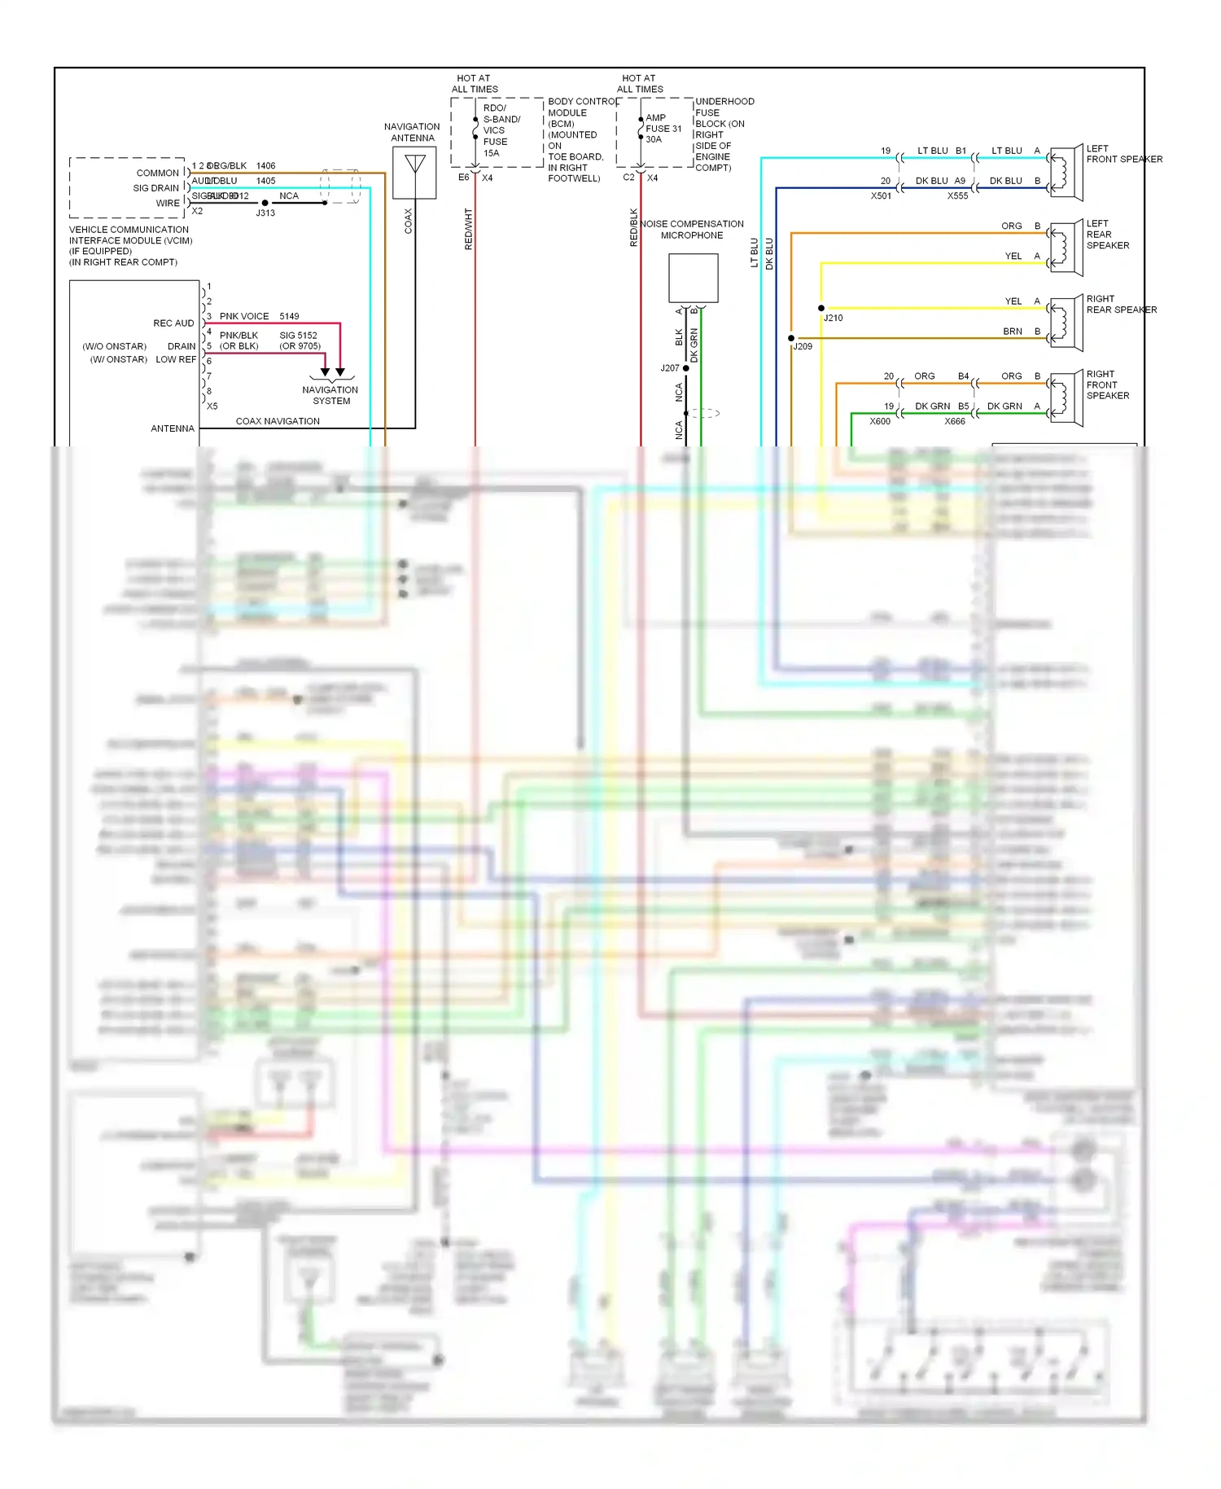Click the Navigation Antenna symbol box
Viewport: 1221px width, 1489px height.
pyautogui.click(x=414, y=173)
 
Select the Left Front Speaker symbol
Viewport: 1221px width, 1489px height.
pyautogui.click(x=1066, y=173)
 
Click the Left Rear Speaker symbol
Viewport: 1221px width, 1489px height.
pyautogui.click(x=1066, y=248)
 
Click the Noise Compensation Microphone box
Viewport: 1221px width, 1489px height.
pyautogui.click(x=693, y=278)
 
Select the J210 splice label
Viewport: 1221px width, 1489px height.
pyautogui.click(x=833, y=318)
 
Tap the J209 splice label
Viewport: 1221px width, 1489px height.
pyautogui.click(x=803, y=347)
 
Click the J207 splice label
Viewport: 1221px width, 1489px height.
pyautogui.click(x=669, y=369)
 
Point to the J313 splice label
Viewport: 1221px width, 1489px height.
pyautogui.click(x=265, y=213)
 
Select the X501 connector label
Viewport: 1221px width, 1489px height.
pyautogui.click(x=881, y=196)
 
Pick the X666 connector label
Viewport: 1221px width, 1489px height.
pyautogui.click(x=955, y=422)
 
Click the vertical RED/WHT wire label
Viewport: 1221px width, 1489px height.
pyautogui.click(x=469, y=229)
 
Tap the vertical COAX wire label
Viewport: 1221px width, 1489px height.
pyautogui.click(x=409, y=222)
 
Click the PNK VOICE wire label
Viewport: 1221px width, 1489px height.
pyautogui.click(x=243, y=317)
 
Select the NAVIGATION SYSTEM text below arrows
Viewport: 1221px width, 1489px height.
pyautogui.click(x=330, y=396)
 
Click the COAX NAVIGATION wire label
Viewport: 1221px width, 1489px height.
pyautogui.click(x=278, y=422)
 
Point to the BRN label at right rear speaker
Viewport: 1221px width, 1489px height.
pyautogui.click(x=1012, y=332)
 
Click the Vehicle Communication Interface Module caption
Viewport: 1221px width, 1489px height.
pyautogui.click(x=130, y=246)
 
